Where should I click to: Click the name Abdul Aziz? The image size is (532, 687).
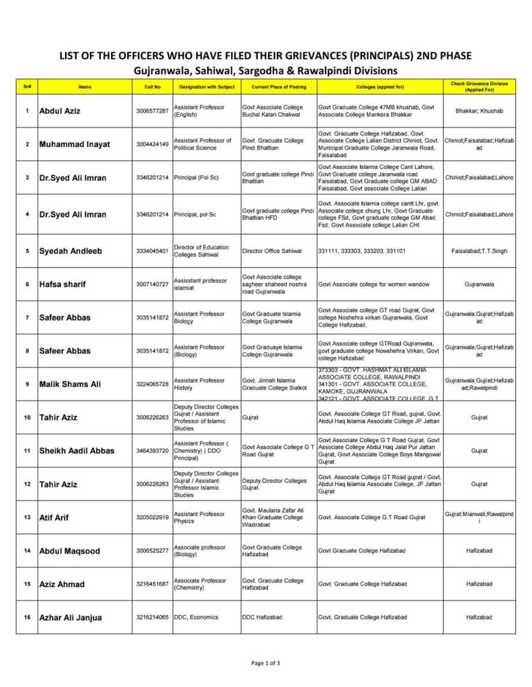60,111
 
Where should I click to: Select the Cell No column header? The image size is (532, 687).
152,87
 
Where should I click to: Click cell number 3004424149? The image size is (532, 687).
152,144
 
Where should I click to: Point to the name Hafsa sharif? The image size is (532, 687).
66,284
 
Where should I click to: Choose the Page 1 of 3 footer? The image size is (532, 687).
265,663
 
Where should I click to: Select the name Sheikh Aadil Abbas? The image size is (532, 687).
77,450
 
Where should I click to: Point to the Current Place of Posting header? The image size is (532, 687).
278,87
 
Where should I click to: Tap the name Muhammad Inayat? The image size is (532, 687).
74,144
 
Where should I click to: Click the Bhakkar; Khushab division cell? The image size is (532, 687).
480,111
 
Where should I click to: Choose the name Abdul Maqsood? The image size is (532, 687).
70,551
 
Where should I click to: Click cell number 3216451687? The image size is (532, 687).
152,584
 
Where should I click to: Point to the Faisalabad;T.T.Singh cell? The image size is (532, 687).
480,251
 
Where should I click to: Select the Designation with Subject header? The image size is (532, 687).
206,87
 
